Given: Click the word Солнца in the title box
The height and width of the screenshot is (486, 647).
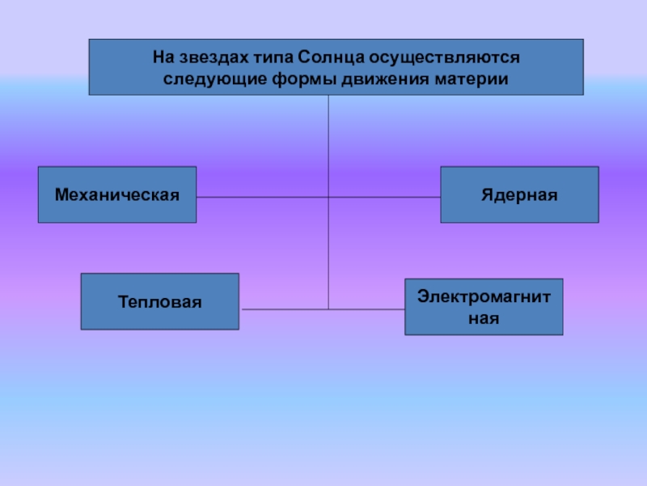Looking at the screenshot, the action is point(332,58).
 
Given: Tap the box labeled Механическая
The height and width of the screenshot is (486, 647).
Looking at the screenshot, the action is point(117,211).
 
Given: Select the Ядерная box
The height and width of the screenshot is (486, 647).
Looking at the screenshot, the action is point(519,211).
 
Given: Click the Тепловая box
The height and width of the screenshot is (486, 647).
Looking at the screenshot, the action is point(159,316).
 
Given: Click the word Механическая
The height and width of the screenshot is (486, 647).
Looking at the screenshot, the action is point(116,195).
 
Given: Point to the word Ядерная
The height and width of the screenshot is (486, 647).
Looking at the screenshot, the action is point(519,195).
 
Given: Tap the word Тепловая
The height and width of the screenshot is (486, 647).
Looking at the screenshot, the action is point(159,302).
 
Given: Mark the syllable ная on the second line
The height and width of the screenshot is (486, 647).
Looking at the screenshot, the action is point(484,318).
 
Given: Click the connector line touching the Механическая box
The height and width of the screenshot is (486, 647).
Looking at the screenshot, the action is point(243,197).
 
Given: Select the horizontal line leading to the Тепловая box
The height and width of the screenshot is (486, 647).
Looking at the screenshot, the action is point(283,309).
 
